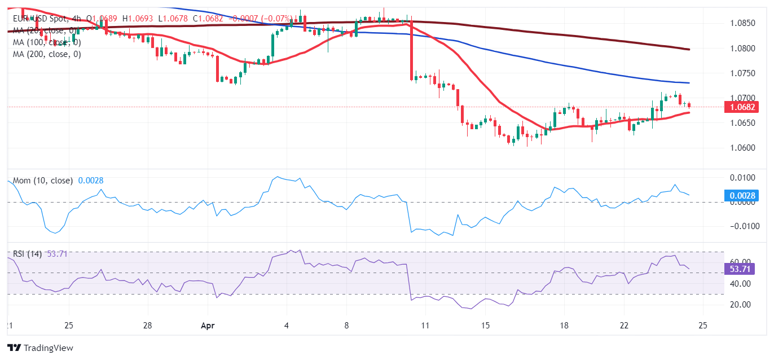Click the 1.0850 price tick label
click(x=738, y=23)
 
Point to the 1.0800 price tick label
click(x=738, y=49)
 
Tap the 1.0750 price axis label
click(x=738, y=73)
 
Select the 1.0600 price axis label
click(x=738, y=148)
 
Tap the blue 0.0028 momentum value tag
click(x=740, y=196)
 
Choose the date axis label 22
click(x=624, y=326)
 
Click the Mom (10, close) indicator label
click(x=43, y=181)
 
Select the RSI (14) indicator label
click(x=28, y=254)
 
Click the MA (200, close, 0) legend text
click(x=47, y=54)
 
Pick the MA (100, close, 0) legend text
click(x=47, y=42)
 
